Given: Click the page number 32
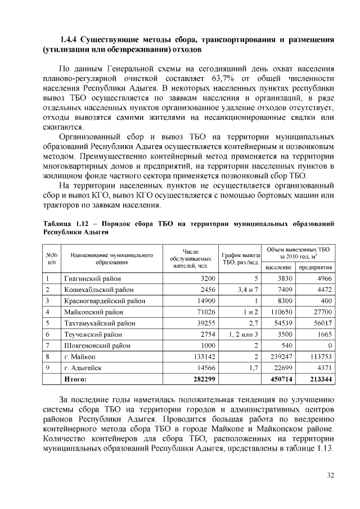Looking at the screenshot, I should [330, 476].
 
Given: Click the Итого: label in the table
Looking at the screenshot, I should [75, 380].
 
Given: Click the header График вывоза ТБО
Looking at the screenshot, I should [240, 258].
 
